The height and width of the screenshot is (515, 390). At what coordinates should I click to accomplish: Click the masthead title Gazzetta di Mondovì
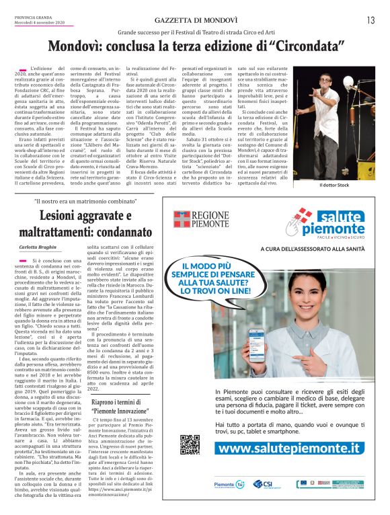coord(194,20)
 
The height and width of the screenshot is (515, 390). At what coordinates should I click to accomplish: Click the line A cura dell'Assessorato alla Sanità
coord(323,250)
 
